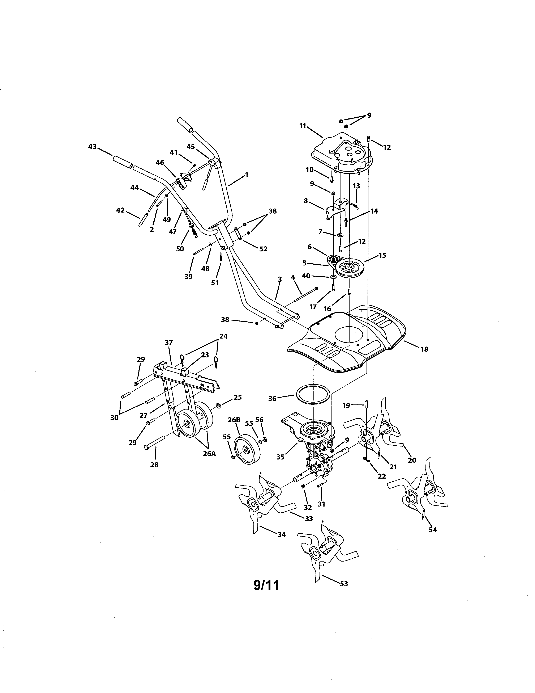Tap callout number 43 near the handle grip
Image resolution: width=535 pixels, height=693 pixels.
point(92,147)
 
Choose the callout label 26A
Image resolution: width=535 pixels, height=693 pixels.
point(209,453)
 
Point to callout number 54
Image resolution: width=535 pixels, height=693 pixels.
point(433,530)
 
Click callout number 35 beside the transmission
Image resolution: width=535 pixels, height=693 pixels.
point(280,457)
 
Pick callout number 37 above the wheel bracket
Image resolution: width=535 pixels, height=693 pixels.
point(169,342)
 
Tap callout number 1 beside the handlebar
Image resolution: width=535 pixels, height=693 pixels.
point(247,175)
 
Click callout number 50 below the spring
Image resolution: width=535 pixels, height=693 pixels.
point(180,249)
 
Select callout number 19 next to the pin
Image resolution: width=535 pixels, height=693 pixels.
point(346,405)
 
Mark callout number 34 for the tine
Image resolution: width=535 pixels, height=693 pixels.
point(281,534)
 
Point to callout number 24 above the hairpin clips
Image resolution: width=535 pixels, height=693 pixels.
point(223,336)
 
